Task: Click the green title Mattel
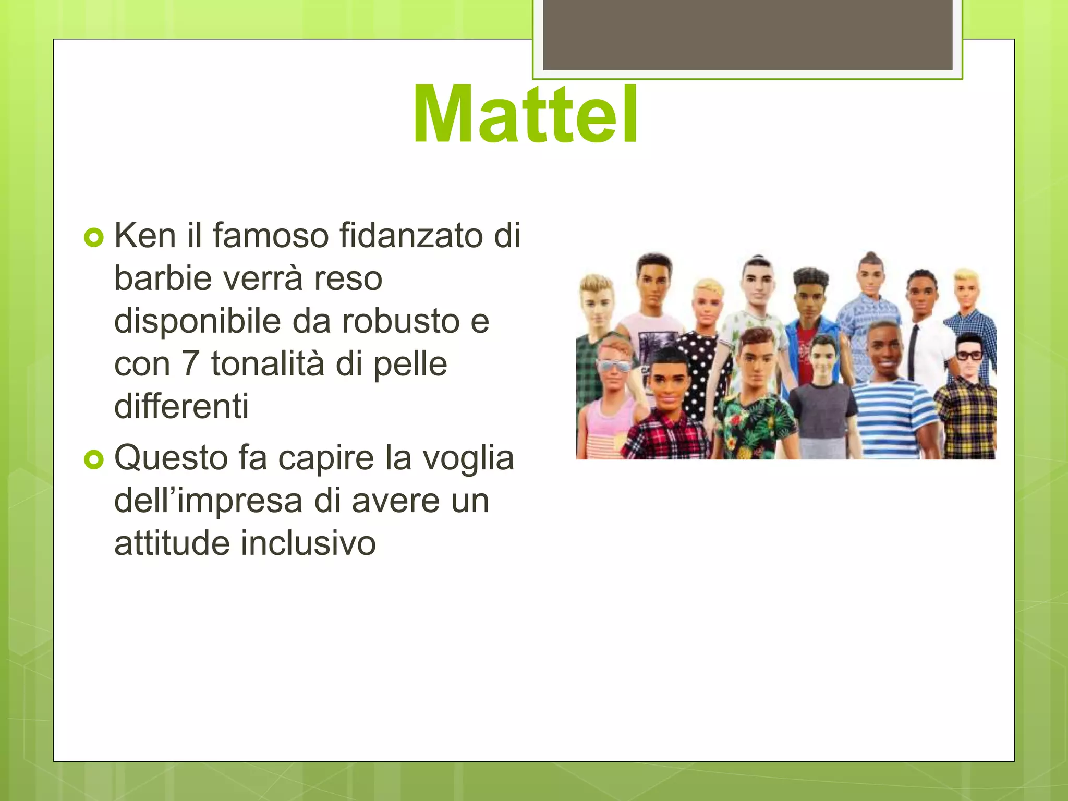point(526,115)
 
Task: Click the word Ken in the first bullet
point(145,236)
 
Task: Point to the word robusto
point(400,321)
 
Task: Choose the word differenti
point(181,407)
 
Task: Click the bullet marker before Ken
point(94,237)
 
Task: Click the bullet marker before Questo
point(94,460)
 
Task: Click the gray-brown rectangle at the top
point(747,34)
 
